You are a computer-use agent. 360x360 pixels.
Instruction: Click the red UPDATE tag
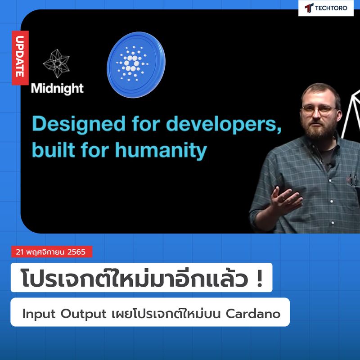(x=20, y=58)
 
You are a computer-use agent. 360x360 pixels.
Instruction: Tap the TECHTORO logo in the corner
(x=326, y=8)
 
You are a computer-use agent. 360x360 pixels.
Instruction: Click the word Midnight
(x=57, y=88)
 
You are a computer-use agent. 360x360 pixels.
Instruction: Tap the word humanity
(x=162, y=150)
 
